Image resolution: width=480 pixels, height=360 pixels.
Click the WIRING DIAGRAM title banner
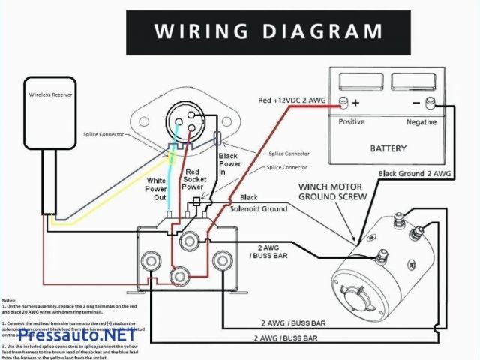coord(268,31)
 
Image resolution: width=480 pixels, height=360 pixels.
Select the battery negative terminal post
coord(430,102)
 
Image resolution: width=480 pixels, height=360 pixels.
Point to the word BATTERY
coord(388,148)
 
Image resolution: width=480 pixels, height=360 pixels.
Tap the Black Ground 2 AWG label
coord(415,174)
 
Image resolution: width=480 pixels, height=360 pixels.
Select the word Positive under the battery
coord(351,121)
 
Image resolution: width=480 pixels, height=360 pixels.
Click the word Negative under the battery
coord(421,121)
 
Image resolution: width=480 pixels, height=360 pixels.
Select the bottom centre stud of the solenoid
coord(178,277)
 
